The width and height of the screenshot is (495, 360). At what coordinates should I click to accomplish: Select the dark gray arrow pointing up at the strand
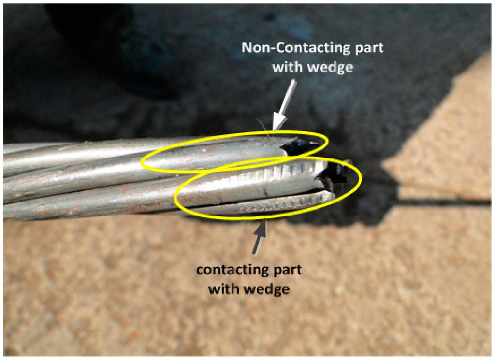[x=259, y=237]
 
